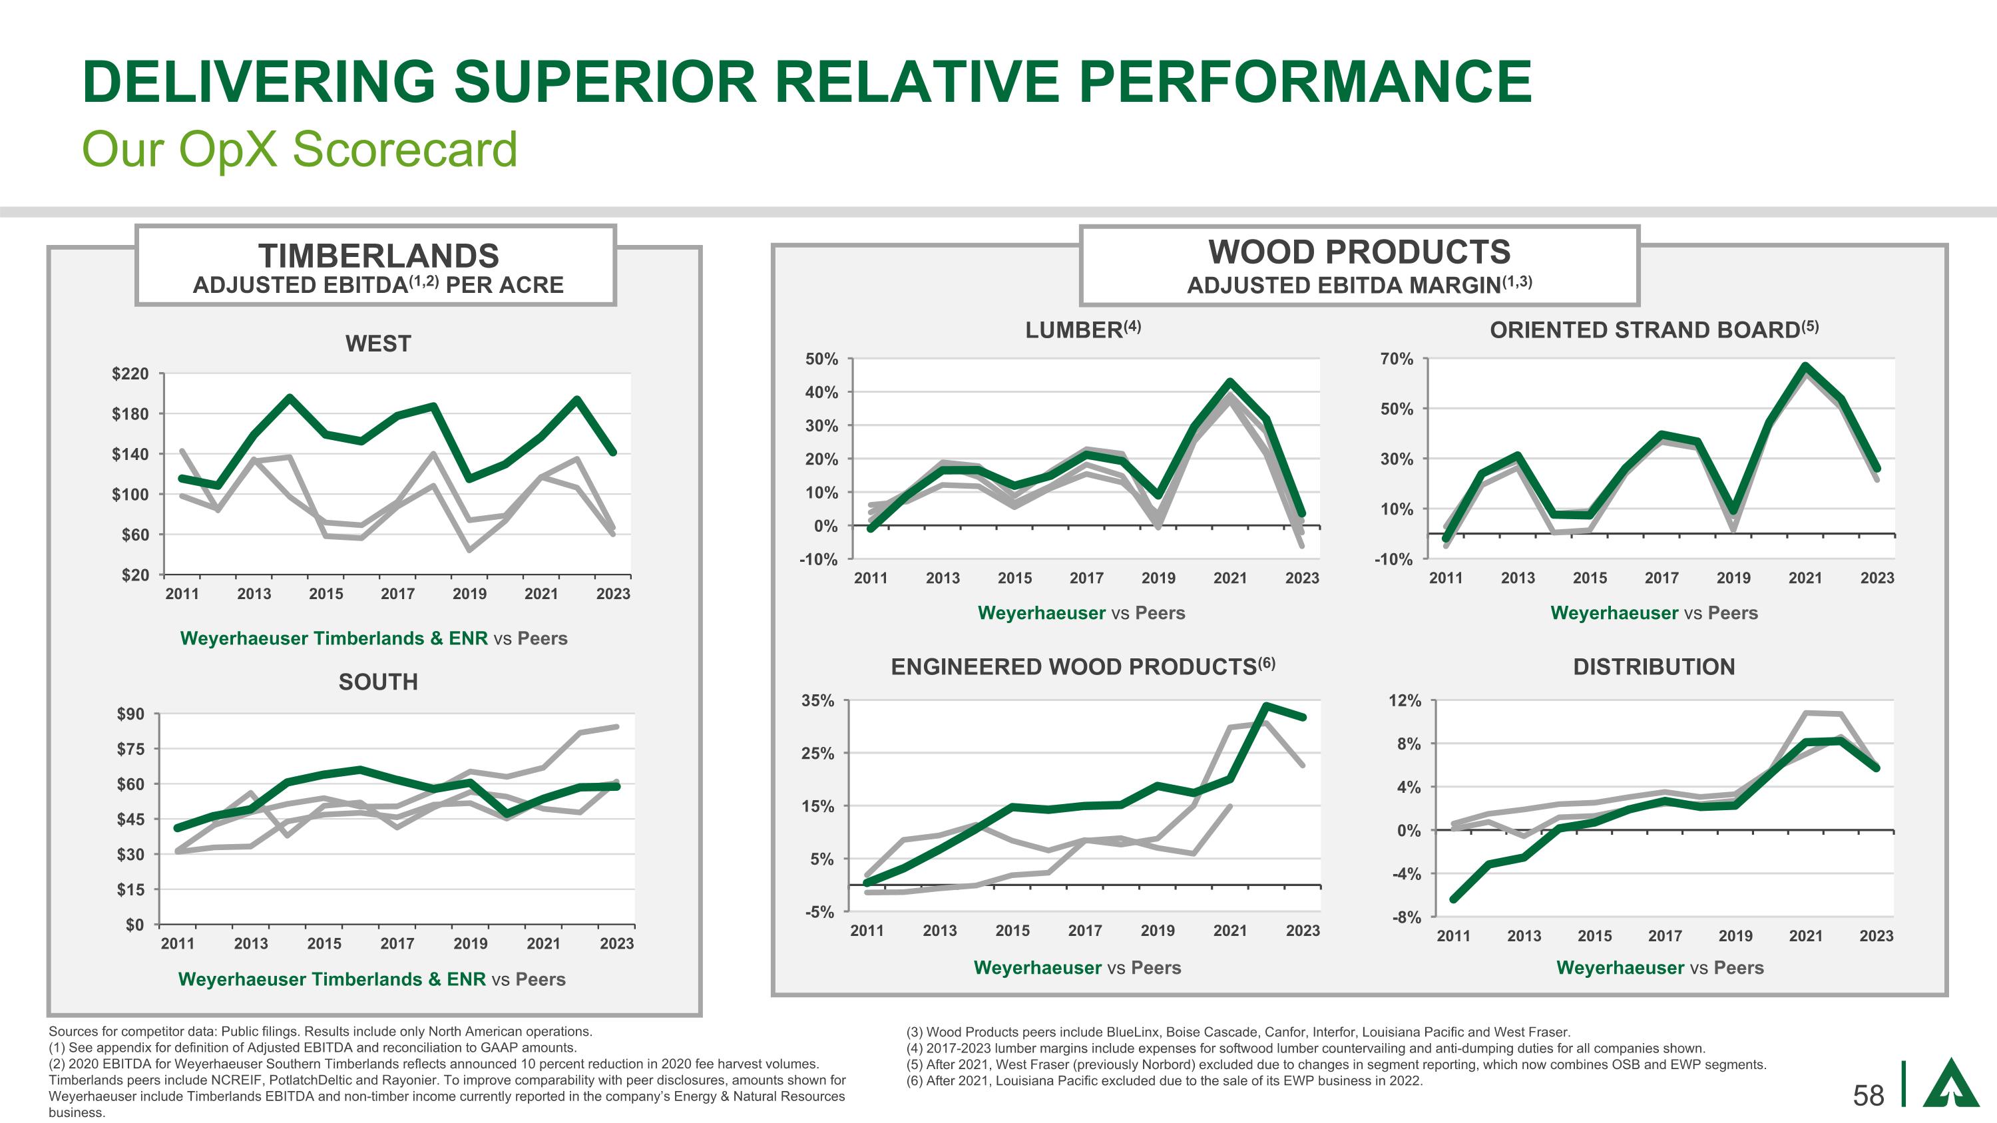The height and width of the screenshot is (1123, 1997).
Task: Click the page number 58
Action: [1869, 1095]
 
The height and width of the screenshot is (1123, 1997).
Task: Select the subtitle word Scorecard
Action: [405, 149]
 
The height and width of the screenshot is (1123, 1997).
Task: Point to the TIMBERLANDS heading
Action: [377, 255]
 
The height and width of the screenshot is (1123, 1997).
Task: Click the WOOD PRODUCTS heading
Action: [1359, 252]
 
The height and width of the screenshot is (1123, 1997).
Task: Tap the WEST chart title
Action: [377, 343]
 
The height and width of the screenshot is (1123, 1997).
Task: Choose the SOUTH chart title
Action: [377, 682]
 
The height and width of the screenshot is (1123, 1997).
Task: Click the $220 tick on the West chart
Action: [130, 374]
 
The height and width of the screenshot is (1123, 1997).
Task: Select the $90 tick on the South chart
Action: [130, 714]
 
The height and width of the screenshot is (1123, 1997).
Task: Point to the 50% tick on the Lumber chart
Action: [821, 359]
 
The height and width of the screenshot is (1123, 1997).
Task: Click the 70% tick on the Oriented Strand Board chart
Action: [1396, 359]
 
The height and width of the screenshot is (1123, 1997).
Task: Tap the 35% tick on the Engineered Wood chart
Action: [817, 700]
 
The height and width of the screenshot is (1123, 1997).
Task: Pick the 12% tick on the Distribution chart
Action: [1404, 700]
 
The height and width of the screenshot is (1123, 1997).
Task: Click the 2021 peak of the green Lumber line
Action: [1230, 382]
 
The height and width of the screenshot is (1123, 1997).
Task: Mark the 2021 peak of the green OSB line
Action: [1805, 366]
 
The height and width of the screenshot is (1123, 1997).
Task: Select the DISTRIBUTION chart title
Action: [1654, 666]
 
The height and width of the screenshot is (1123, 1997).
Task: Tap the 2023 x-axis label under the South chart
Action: [616, 943]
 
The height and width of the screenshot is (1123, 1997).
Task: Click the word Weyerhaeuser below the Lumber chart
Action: [1040, 613]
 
